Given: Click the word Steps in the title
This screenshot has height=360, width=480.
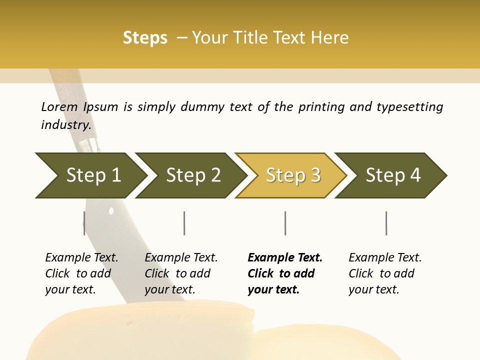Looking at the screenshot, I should [145, 38].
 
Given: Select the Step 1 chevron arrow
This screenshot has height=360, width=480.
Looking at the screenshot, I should [90, 175].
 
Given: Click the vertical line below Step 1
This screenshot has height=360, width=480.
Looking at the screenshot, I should [84, 223].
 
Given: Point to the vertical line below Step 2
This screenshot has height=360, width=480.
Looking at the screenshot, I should [184, 223].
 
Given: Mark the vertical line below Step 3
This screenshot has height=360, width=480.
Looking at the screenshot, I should [285, 223].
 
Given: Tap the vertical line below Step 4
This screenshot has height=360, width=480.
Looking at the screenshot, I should [386, 223].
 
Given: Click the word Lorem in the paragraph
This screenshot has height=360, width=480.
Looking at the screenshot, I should [59, 107].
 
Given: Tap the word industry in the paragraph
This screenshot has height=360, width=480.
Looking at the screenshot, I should [66, 124].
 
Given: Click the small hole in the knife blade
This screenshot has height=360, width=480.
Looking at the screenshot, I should [111, 211].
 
